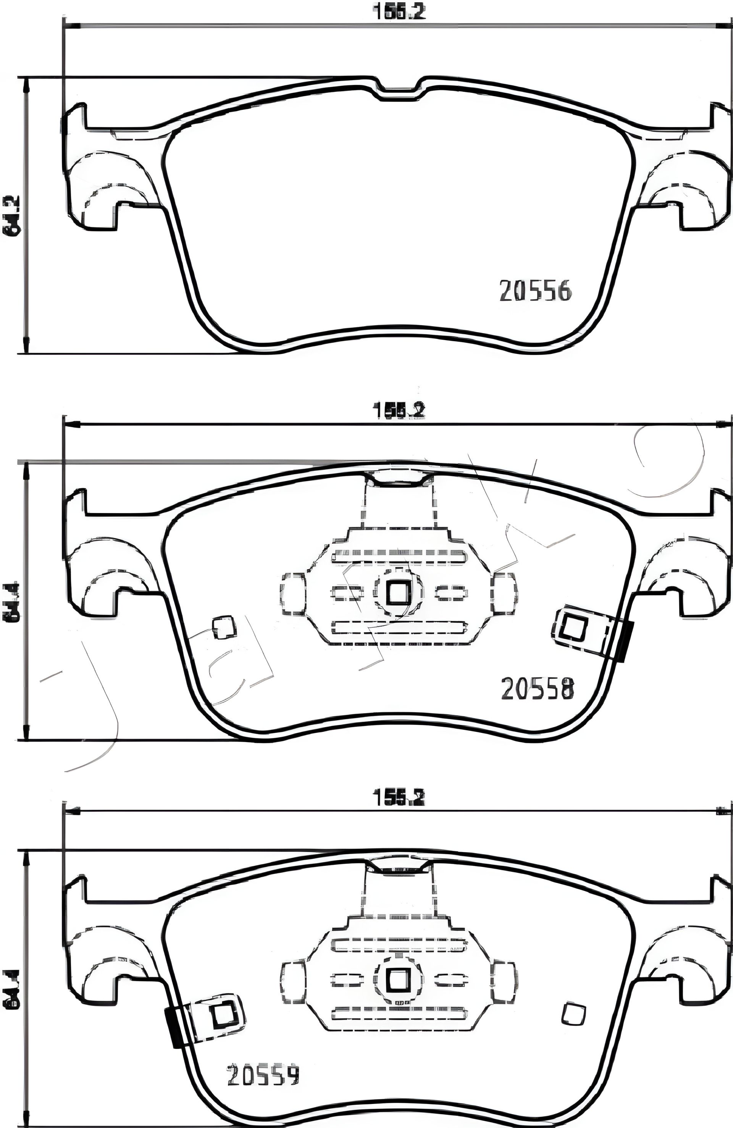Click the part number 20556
(535, 290)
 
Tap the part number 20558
(537, 689)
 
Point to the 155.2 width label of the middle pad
(399, 410)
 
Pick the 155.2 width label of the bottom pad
(399, 799)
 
